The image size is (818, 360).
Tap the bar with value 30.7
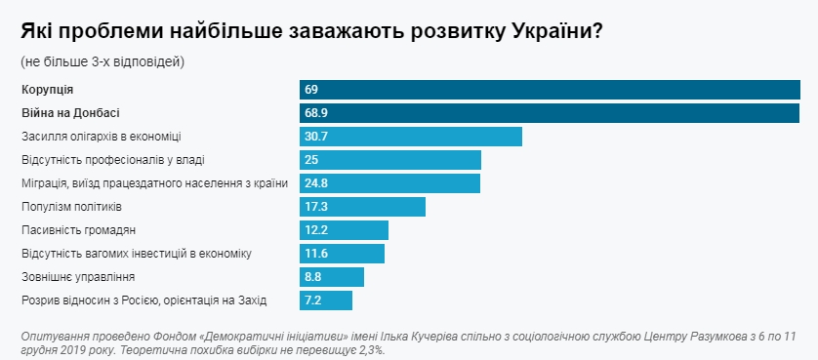(410, 137)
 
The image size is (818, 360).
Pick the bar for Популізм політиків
(362, 207)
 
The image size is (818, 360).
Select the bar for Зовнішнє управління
(332, 277)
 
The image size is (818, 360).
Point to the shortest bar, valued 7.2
(325, 300)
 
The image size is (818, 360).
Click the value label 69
(311, 90)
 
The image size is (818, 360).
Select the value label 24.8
(315, 183)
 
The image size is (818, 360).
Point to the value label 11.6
(315, 254)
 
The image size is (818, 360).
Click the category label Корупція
(47, 90)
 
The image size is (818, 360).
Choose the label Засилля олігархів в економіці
(101, 137)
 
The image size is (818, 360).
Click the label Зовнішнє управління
(71, 277)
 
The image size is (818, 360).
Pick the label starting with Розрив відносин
(143, 300)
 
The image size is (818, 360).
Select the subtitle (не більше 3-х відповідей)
(102, 61)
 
